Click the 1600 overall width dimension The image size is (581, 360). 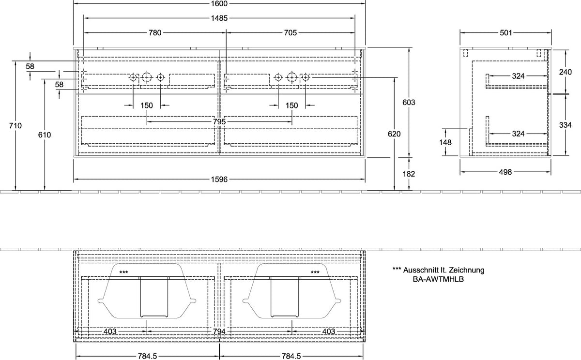click(219, 3)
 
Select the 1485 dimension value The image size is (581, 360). click(219, 18)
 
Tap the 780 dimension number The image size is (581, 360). click(155, 32)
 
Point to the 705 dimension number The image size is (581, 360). click(290, 32)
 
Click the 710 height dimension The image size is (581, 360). click(15, 126)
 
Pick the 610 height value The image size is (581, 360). click(45, 135)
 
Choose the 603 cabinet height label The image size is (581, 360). click(409, 103)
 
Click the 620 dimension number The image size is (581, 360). click(394, 134)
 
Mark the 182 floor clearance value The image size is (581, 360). click(409, 174)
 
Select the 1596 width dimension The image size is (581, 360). click(219, 179)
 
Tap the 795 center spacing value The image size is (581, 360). click(219, 121)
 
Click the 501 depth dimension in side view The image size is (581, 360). click(506, 32)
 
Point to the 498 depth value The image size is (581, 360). click(505, 172)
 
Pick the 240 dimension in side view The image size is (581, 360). click(565, 72)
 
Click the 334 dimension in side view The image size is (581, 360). click(565, 125)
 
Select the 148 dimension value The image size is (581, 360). click(445, 142)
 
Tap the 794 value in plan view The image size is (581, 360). click(219, 331)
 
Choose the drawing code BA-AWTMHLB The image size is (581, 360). click(438, 279)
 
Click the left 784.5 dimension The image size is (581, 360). click(147, 356)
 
